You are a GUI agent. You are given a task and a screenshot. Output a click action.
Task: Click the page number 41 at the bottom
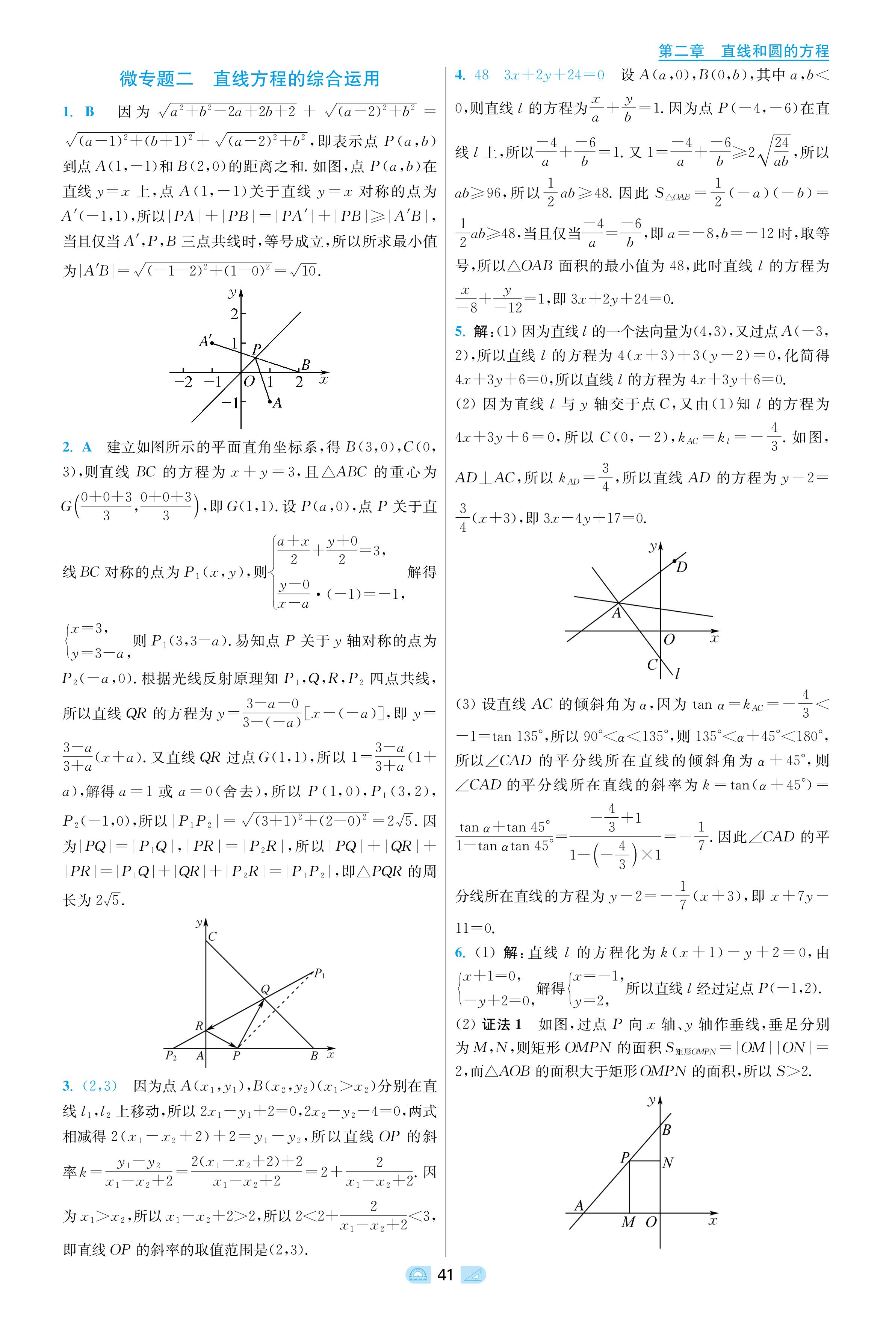pos(445,1275)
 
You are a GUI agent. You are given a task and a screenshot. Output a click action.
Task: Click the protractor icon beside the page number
pos(418,1275)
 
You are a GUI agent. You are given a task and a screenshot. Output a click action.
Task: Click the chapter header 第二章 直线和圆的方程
pos(743,51)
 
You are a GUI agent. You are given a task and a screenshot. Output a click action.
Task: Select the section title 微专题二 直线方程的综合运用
pos(249,79)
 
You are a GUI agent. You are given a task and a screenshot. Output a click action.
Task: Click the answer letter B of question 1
pos(89,112)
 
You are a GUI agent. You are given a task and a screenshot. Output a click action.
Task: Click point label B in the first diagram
pos(305,365)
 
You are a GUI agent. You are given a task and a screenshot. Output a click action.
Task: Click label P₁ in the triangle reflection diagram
pos(320,974)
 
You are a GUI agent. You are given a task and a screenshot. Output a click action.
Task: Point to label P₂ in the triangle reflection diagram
pos(171,1056)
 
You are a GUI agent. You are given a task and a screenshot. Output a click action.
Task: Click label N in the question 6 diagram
pos(668,1162)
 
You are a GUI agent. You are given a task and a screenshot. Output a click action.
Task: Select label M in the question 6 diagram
pos(628,1222)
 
